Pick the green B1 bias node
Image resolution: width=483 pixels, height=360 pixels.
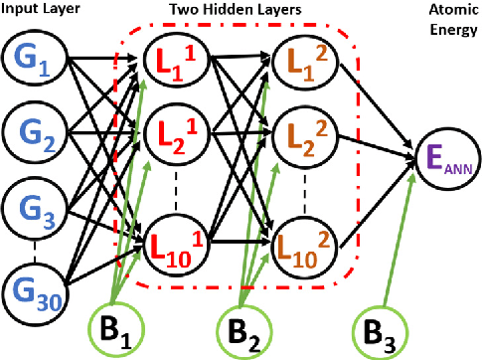click(117, 329)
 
